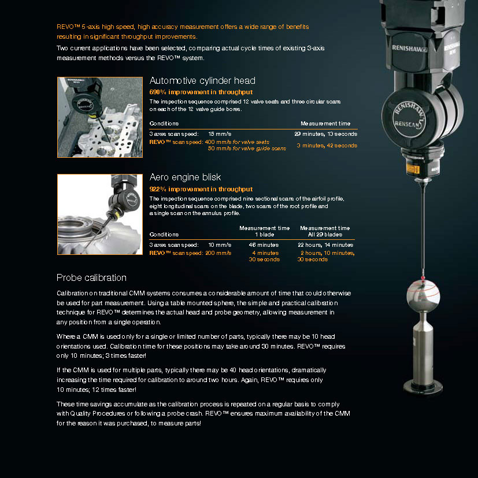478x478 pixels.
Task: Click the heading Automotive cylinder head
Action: (202, 81)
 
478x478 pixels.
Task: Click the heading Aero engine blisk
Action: (185, 177)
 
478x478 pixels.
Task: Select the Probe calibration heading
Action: (91, 277)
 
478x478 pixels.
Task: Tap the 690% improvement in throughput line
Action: (201, 92)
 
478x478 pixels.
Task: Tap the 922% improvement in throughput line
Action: (201, 189)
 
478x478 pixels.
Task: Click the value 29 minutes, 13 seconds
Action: (325, 134)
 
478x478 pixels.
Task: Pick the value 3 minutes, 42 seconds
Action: (327, 145)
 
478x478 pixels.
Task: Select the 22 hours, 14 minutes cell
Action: (325, 245)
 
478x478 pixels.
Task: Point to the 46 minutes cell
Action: (265, 245)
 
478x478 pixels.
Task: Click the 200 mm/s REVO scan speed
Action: (219, 253)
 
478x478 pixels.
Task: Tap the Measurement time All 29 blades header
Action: (325, 231)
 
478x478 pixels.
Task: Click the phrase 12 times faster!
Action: (116, 390)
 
